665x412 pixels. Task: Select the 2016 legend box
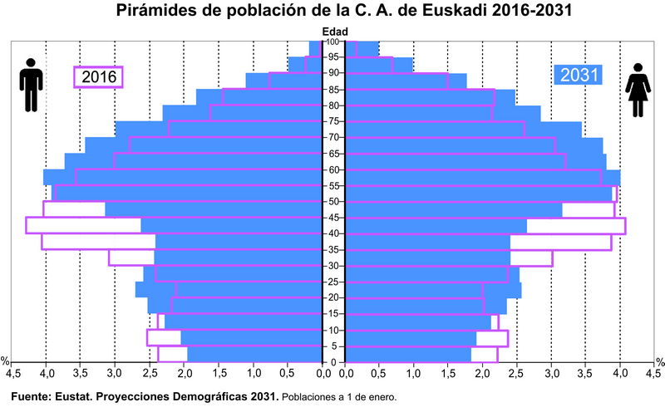98,77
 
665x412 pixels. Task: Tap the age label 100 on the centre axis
332,42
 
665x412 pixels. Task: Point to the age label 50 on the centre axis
332,201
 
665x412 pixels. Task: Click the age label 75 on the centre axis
332,121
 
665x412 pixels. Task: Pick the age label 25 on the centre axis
332,282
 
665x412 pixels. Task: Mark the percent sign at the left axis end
5,361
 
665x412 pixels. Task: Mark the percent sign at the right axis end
659,361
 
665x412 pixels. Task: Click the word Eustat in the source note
76,396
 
